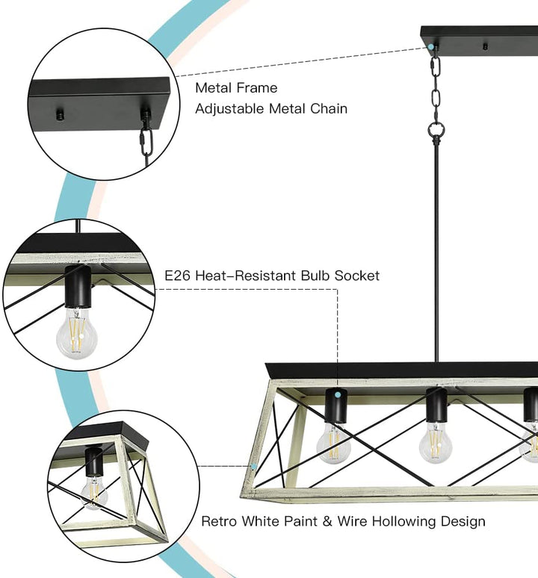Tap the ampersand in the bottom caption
315,521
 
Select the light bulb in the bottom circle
95,492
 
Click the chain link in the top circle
146,140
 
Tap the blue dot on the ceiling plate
431,46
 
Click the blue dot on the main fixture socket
338,394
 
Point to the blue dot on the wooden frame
255,467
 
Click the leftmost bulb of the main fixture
333,443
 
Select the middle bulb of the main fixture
434,444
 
